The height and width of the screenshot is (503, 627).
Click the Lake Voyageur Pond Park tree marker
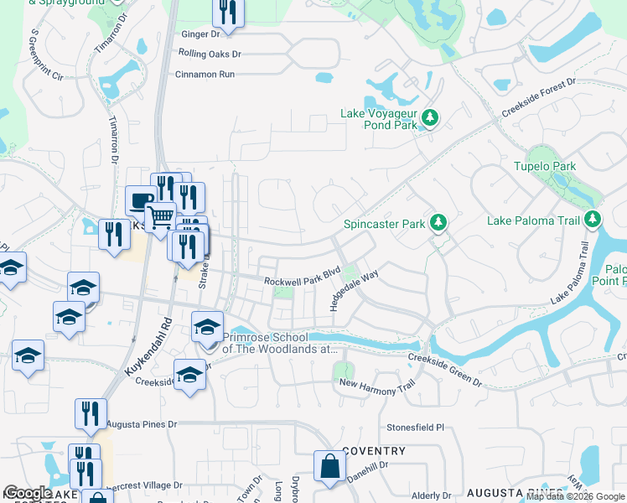(x=430, y=117)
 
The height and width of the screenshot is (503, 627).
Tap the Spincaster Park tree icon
(x=437, y=223)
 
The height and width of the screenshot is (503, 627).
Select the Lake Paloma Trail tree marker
(x=593, y=220)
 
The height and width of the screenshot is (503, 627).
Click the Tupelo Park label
(x=545, y=166)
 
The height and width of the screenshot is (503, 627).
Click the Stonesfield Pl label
(x=415, y=428)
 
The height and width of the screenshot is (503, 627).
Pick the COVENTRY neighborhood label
(x=374, y=451)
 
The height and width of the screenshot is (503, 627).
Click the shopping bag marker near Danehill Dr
(x=330, y=467)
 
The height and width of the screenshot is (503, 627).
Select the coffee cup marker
(x=139, y=201)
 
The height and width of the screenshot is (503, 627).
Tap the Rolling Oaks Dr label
(x=210, y=54)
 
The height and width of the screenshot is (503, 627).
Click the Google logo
(x=28, y=493)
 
